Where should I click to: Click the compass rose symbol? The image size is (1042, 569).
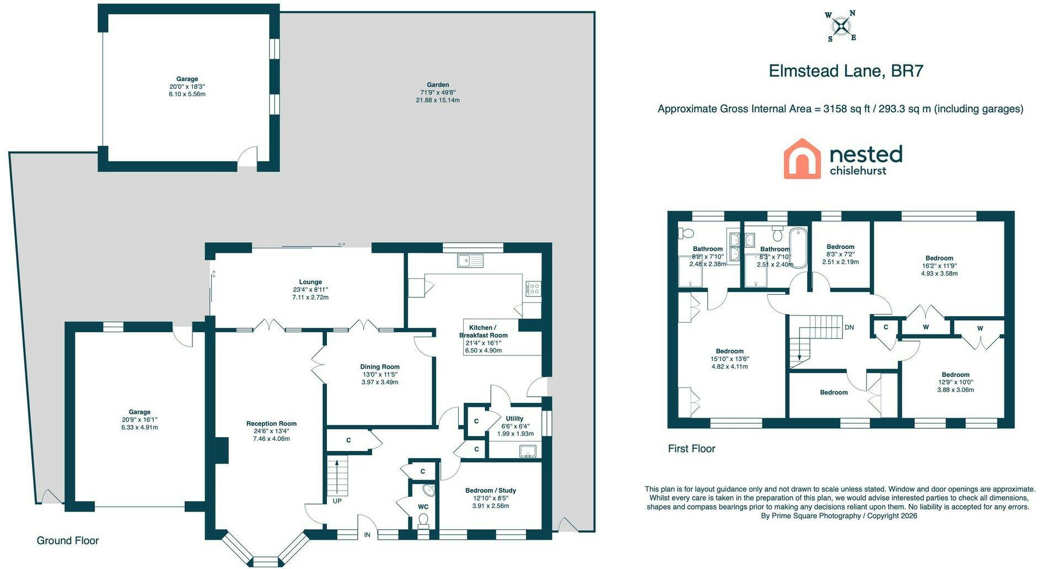[841, 26]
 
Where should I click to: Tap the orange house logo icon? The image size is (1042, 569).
[802, 159]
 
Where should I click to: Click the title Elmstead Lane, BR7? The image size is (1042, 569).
[846, 71]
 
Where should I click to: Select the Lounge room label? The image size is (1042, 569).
[310, 282]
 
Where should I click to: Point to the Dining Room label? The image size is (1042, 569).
[380, 367]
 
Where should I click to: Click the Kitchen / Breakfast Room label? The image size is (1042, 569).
[484, 331]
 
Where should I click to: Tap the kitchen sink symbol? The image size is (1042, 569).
[470, 260]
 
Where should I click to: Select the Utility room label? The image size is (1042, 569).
[514, 418]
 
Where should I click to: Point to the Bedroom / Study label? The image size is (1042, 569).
[491, 491]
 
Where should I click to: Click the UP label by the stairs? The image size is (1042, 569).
[337, 501]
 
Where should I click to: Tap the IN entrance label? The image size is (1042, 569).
[367, 535]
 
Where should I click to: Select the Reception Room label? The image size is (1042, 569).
[271, 424]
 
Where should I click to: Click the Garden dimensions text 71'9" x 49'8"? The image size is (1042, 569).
[438, 93]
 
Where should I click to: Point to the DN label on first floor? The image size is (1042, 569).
[849, 327]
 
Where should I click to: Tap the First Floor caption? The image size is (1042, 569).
[691, 449]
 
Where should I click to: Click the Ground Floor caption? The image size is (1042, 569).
[68, 541]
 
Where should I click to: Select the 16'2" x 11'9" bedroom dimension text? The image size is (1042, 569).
[939, 266]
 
